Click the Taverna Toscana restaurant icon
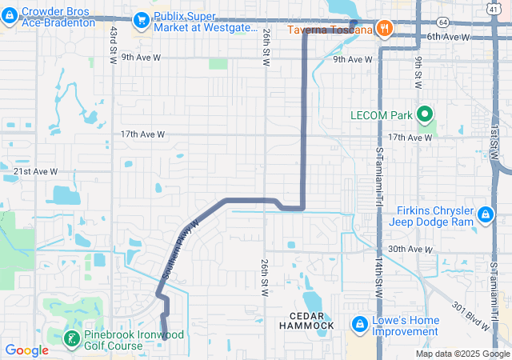pos(385,29)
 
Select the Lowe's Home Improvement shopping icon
pos(359,325)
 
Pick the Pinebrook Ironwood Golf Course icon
pos(71,338)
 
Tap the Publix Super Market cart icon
pos(142,18)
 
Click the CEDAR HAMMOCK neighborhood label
pos(306,320)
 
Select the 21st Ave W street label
pos(36,172)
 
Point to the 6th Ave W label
pos(448,37)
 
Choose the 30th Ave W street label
pos(410,250)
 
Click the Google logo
pos(26,350)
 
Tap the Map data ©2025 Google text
pos(462,354)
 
